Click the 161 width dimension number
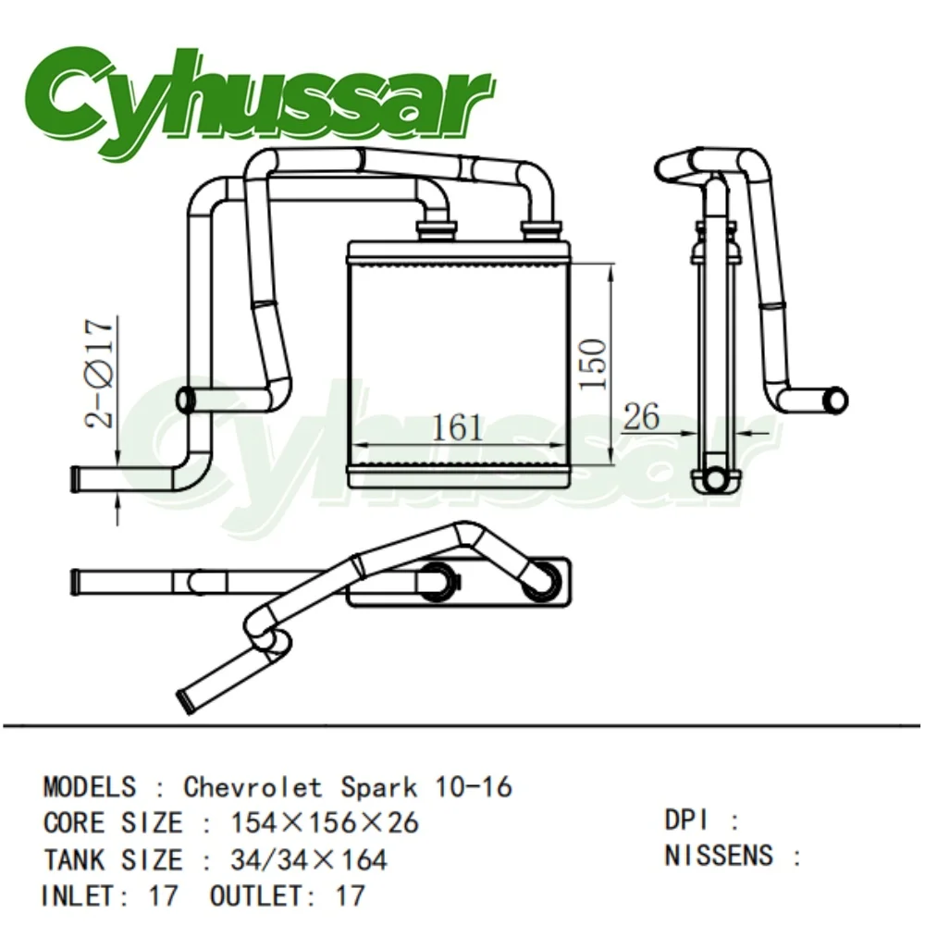(458, 427)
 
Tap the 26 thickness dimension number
(641, 417)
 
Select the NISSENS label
(718, 856)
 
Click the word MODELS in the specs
(89, 787)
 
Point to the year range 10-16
(473, 787)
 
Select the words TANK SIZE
(112, 859)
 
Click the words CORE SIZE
(112, 822)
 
